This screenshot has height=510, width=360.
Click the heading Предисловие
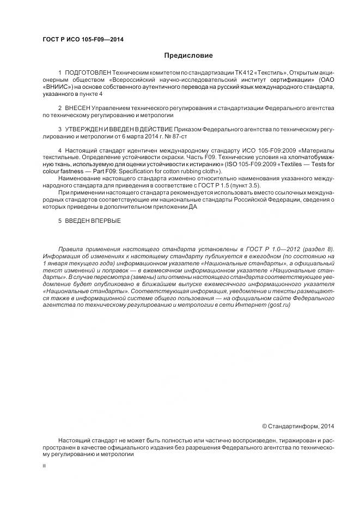coord(188,55)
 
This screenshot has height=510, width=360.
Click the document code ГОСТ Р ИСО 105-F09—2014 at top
coord(83,39)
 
